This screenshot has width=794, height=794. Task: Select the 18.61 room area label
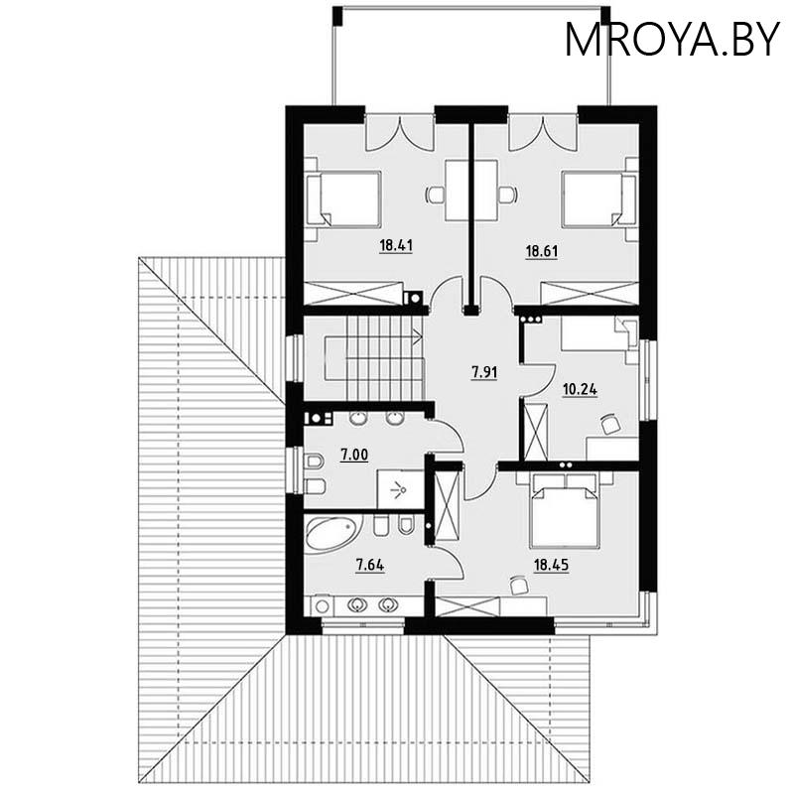tap(542, 252)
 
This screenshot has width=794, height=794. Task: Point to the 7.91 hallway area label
tap(483, 373)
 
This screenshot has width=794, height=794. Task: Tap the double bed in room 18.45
tap(565, 510)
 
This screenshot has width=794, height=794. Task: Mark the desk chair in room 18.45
tap(517, 586)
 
